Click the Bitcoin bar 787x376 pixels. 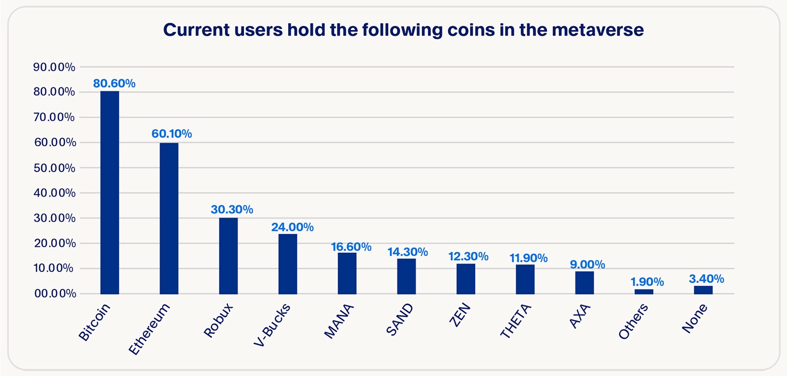coord(110,193)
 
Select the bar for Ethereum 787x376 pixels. coord(169,218)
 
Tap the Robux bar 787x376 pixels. coord(228,256)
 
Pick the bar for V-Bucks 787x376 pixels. coord(288,264)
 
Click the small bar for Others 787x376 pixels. coord(644,291)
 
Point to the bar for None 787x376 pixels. coord(703,290)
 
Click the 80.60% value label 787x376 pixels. coord(114,84)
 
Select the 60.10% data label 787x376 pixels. coord(172,134)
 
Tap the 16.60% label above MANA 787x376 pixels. coord(351,247)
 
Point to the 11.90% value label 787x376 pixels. coord(528,258)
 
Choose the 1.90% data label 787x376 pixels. coord(647,282)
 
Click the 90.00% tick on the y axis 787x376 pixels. coord(54,67)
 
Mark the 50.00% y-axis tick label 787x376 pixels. coord(54,168)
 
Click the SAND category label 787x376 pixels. coord(399,320)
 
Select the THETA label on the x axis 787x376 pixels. coord(515,321)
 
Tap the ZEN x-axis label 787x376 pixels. coord(460,316)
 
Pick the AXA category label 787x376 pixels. coord(579,317)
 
